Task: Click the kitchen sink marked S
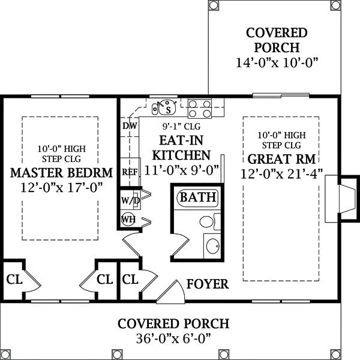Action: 168,108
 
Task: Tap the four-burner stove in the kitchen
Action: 200,109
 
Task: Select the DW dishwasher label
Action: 130,126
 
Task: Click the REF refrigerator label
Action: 130,172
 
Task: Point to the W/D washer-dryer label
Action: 130,200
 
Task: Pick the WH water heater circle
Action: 128,220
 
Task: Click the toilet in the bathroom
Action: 210,221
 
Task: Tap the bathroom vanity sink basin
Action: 213,246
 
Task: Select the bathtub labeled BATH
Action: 197,198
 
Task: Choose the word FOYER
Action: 208,284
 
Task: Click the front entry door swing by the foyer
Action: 171,292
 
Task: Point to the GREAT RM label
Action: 282,159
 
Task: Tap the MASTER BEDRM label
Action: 62,173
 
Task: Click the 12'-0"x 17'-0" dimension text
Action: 61,188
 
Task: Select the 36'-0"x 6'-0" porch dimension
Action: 173,338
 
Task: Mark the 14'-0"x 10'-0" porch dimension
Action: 277,62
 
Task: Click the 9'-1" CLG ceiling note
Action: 181,126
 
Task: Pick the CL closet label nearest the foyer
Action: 130,280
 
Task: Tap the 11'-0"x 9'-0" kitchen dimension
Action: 181,170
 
